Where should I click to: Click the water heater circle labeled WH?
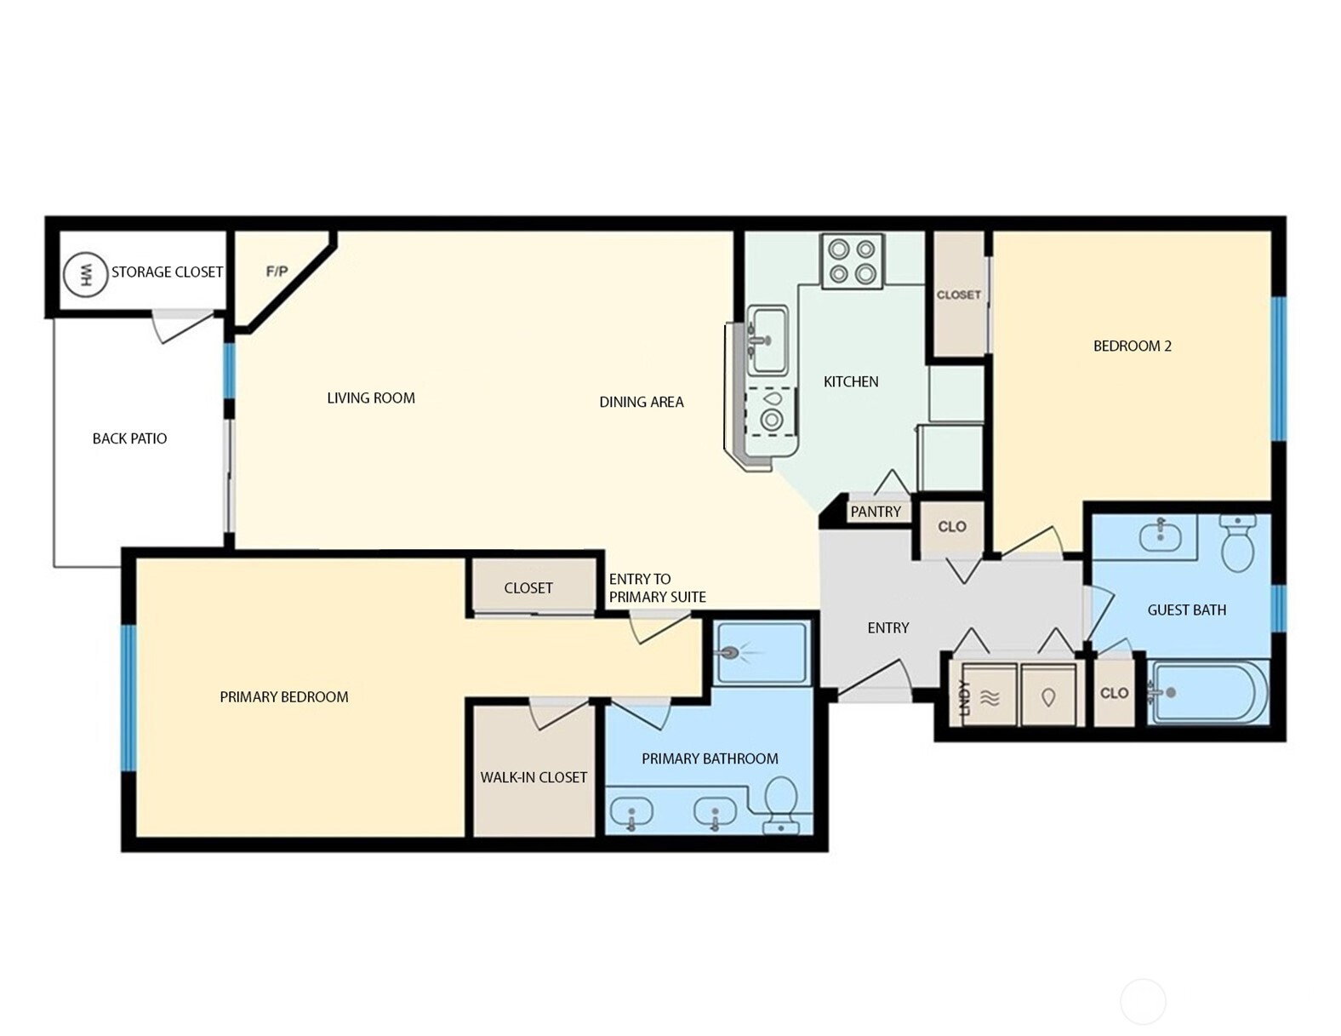coord(85,274)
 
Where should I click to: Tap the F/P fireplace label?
coord(277,272)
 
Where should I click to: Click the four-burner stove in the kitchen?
coord(852,261)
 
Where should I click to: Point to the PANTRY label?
coord(875,512)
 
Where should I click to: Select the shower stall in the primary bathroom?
coord(762,653)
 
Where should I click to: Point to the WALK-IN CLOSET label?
coord(534,777)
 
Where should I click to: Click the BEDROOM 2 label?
coord(1132,346)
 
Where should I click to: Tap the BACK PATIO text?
coord(129,438)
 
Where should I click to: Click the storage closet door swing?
coord(183,326)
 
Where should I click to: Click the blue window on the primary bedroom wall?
coord(128,698)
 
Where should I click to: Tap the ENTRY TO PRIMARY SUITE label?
coord(657,588)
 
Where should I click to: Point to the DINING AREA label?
coord(641,402)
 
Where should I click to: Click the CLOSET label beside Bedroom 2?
coord(958,295)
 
